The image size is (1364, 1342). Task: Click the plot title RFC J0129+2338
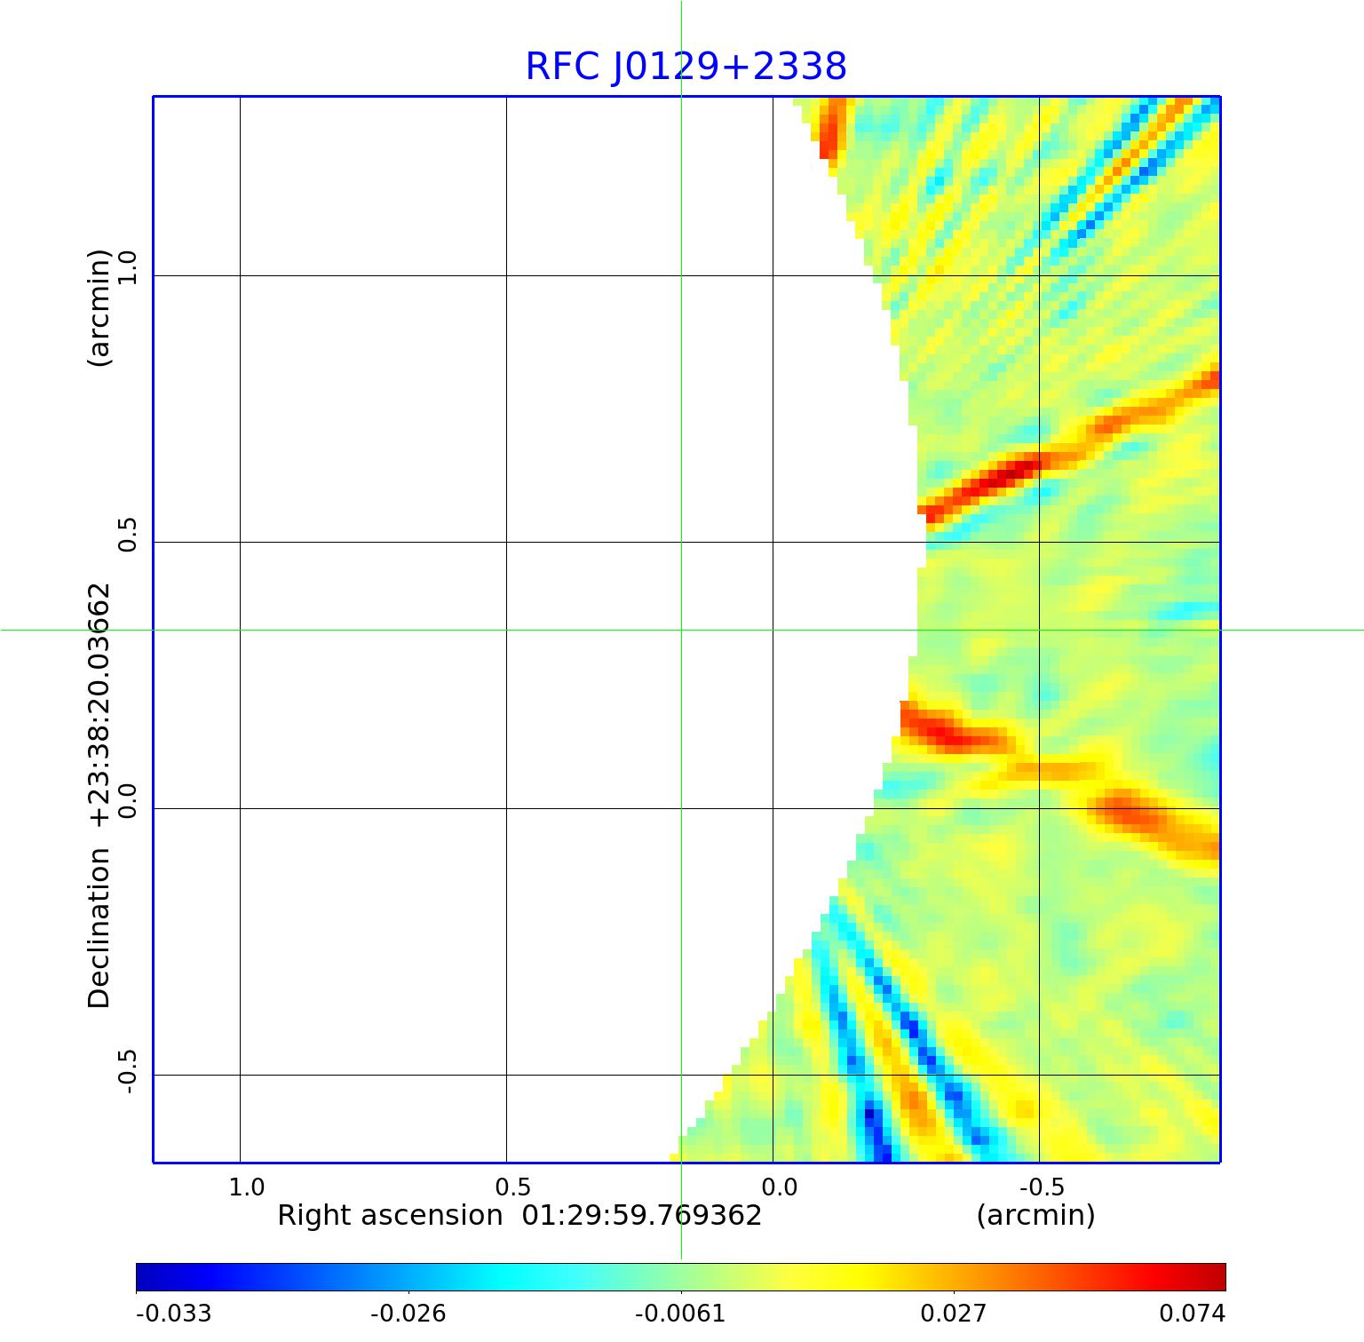coord(686,67)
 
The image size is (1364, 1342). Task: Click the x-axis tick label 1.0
coord(246,1187)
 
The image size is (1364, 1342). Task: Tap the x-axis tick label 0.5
coord(512,1187)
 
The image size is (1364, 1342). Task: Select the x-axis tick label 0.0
coord(779,1187)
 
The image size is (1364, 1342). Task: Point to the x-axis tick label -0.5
coord(1042,1187)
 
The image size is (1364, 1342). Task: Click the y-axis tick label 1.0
coord(128,268)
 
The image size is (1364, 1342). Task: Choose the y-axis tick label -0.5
coord(128,1071)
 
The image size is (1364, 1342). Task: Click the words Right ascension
coord(390,1215)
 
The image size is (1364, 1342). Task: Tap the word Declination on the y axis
coord(99,928)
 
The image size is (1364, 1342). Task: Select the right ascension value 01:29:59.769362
coord(641,1215)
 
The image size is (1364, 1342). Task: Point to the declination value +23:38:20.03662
coord(99,706)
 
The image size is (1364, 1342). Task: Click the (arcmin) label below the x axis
coord(1035,1215)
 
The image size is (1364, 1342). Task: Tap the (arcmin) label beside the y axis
coord(99,307)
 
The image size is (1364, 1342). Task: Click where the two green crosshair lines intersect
coord(681,630)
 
